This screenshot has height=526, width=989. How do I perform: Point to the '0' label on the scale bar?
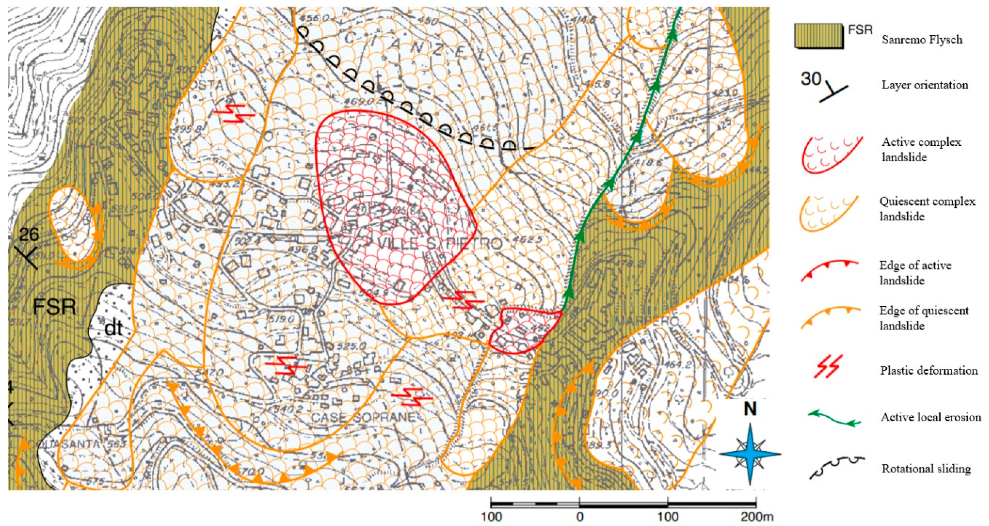[580, 517]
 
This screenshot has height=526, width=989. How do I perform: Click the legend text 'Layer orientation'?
[925, 85]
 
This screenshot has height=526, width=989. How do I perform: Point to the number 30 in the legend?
[810, 79]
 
